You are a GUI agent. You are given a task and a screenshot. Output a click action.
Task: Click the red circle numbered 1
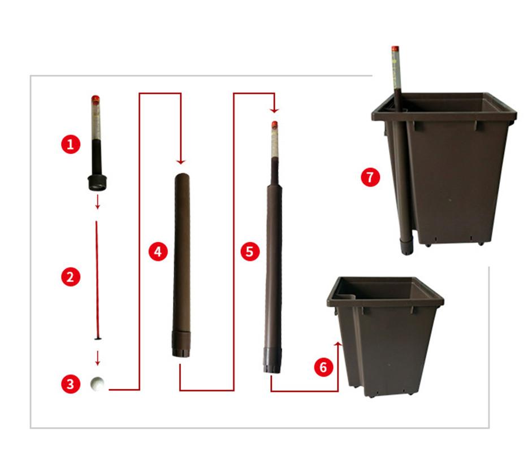[x=70, y=144]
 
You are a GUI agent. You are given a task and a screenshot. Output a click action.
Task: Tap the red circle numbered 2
[x=70, y=277]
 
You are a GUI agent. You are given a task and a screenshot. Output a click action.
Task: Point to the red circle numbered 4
[x=158, y=251]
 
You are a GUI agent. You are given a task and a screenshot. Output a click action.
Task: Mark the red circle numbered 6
[x=323, y=367]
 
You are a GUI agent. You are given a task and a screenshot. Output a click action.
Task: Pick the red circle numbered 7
[x=370, y=177]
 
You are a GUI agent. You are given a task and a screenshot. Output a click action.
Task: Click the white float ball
[x=98, y=384]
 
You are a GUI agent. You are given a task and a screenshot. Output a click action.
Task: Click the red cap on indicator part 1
[x=96, y=99]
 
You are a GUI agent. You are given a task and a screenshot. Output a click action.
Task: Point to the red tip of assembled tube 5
[x=275, y=124]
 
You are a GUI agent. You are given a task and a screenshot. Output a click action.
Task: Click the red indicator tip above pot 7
[x=395, y=49]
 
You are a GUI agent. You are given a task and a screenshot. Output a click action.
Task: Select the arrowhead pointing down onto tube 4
[x=180, y=160]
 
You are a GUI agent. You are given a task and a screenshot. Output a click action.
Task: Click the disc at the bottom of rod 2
[x=98, y=339]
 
